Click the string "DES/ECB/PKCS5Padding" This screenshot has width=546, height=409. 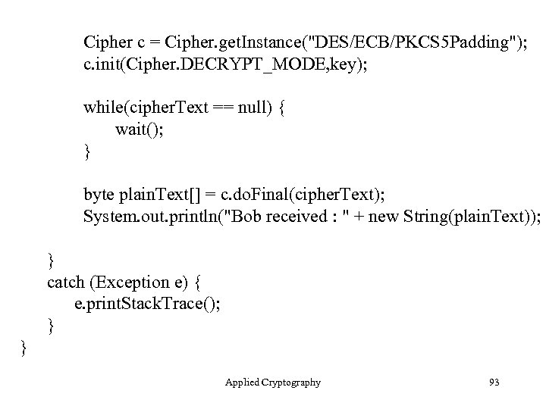pos(406,40)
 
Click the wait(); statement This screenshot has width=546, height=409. pos(139,130)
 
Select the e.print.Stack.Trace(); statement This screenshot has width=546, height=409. pos(147,304)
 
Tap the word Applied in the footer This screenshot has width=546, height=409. pos(243,382)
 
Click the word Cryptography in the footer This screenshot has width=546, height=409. pos(291,382)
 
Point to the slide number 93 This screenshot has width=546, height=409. pos(494,382)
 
